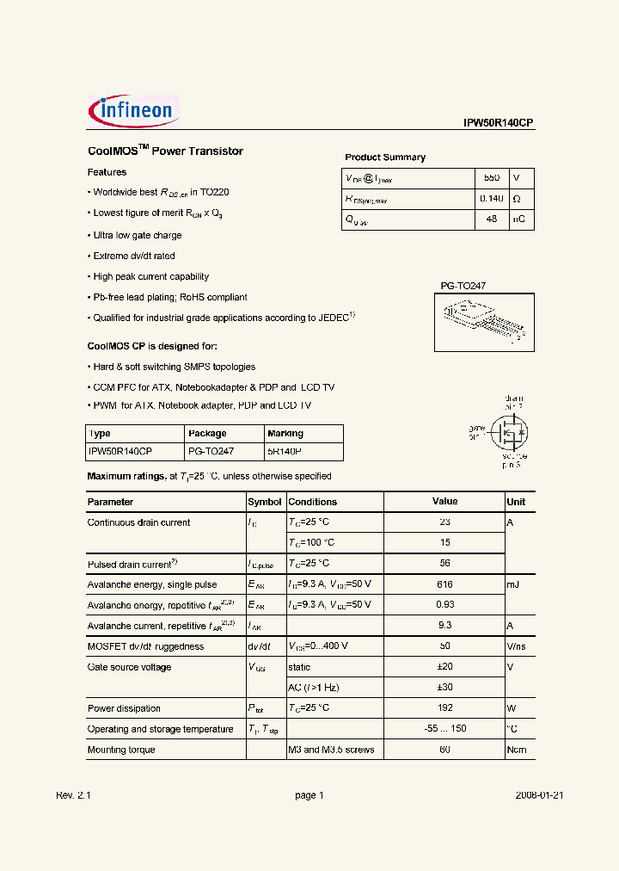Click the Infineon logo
pyautogui.click(x=133, y=109)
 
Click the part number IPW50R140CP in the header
pyautogui.click(x=499, y=123)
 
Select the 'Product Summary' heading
pyautogui.click(x=385, y=158)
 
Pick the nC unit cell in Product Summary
pyautogui.click(x=520, y=219)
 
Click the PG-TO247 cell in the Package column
pyautogui.click(x=211, y=451)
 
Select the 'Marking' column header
pyautogui.click(x=285, y=434)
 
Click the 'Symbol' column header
pyautogui.click(x=265, y=502)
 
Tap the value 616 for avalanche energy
pyautogui.click(x=444, y=584)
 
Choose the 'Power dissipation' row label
pyautogui.click(x=124, y=708)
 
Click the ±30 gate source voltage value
pyautogui.click(x=444, y=688)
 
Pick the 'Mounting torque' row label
pyautogui.click(x=121, y=750)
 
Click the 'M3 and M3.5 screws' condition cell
pyautogui.click(x=331, y=750)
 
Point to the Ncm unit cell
pyautogui.click(x=516, y=750)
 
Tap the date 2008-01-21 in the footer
pyautogui.click(x=539, y=795)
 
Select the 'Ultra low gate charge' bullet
pyautogui.click(x=137, y=235)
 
